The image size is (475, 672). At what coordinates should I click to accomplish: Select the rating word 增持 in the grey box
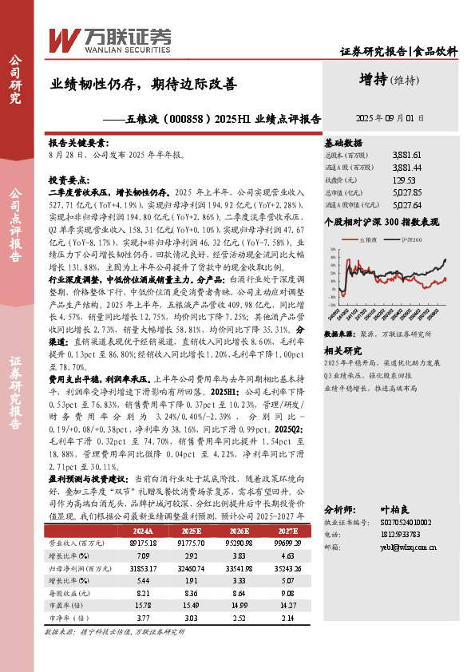pyautogui.click(x=375, y=80)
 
